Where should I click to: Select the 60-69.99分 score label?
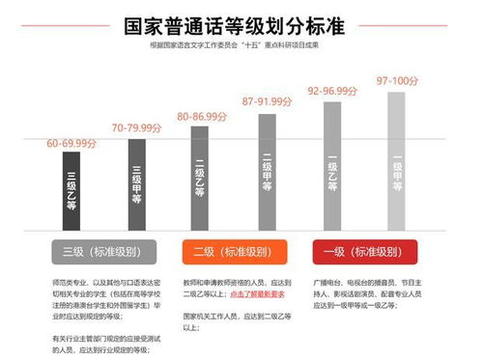pyautogui.click(x=71, y=143)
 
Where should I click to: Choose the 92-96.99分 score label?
pyautogui.click(x=332, y=90)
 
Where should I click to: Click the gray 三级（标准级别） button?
pyautogui.click(x=105, y=251)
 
